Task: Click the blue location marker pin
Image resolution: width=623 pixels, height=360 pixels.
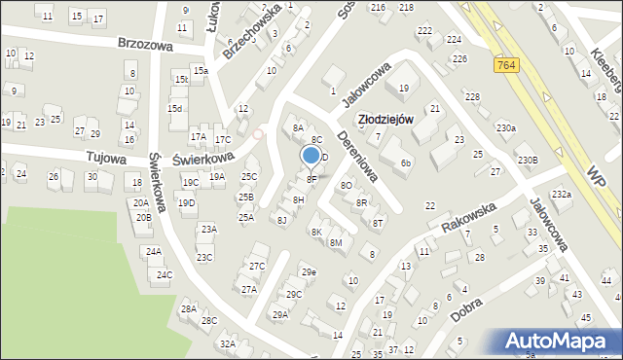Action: (311, 156)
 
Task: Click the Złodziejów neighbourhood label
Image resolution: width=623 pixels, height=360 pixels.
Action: (385, 119)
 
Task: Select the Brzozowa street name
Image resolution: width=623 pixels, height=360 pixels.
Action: (145, 44)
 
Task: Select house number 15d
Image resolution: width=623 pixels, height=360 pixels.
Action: (174, 108)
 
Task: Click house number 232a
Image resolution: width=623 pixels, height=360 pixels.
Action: (562, 195)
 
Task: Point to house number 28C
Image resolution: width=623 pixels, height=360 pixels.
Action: (209, 320)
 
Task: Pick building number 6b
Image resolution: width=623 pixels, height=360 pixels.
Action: (406, 162)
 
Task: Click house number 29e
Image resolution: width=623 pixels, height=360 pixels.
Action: (308, 271)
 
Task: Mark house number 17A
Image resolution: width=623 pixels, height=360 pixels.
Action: (198, 137)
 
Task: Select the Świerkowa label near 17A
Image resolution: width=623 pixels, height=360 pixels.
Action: (203, 157)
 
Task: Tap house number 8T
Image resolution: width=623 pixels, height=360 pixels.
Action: (378, 223)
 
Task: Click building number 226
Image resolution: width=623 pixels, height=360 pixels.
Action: (459, 59)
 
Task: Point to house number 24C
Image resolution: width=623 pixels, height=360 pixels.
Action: (165, 275)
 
